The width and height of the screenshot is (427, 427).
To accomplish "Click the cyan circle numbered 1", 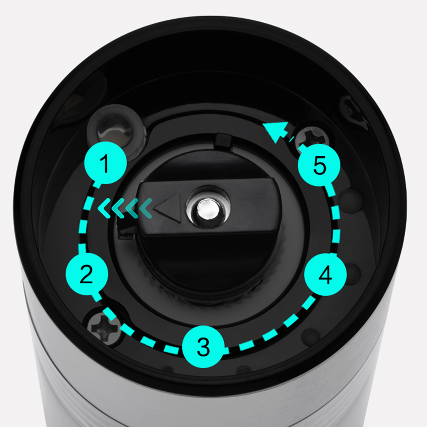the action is (105, 163).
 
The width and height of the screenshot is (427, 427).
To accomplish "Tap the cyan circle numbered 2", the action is (87, 274).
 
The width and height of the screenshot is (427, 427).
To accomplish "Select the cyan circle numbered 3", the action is (203, 346).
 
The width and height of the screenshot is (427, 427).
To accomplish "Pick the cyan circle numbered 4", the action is (325, 274).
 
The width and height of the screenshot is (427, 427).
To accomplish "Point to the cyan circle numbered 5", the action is (319, 165).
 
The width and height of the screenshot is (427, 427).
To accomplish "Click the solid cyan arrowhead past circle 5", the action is (276, 132).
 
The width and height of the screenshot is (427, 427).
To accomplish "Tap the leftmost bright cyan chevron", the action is (104, 208).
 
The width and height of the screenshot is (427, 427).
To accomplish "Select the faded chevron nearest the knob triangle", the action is (146, 208).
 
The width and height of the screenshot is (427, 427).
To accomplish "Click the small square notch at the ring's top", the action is (223, 140).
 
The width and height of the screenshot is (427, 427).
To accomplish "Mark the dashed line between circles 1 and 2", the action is (84, 218).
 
